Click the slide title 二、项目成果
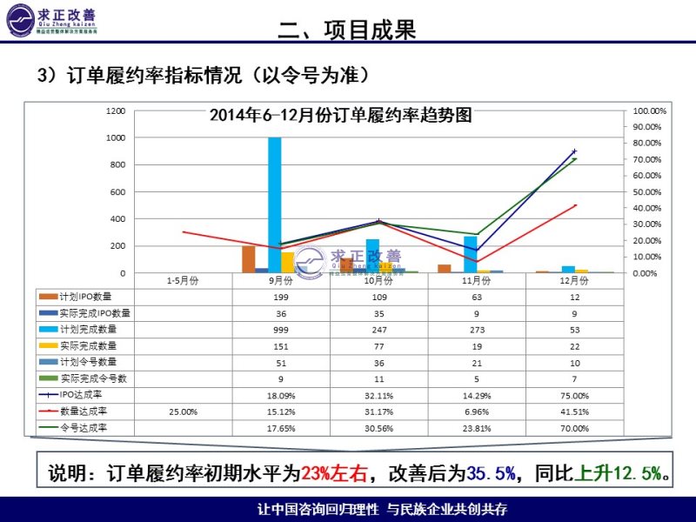click(x=346, y=30)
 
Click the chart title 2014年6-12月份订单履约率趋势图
click(x=341, y=115)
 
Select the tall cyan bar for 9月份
click(x=274, y=204)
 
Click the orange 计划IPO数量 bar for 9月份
click(x=248, y=259)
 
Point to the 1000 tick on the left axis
click(x=116, y=137)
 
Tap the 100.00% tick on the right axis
click(x=648, y=111)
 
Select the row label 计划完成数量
click(x=89, y=330)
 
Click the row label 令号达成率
click(x=84, y=428)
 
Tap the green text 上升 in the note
click(x=592, y=474)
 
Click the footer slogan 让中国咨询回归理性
click(x=319, y=509)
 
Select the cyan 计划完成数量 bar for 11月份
click(x=470, y=254)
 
